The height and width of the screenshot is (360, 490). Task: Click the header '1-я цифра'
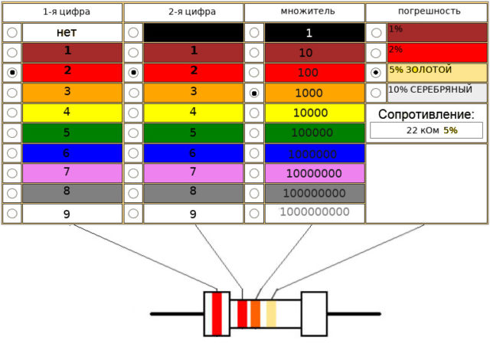tap(67, 12)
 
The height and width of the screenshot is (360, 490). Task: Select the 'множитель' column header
tap(308, 11)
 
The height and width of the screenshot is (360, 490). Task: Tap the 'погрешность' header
tap(429, 11)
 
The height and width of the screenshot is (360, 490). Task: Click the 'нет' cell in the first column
tap(72, 32)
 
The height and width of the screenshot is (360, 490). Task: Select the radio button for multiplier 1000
tap(254, 93)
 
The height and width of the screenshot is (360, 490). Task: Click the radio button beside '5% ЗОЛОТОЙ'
tap(375, 73)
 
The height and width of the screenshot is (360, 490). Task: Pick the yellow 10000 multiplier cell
tap(315, 113)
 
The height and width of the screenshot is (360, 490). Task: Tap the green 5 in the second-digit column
tap(194, 133)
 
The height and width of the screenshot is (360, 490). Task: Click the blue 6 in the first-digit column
tap(72, 153)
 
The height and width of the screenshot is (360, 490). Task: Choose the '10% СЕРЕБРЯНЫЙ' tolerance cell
tap(437, 93)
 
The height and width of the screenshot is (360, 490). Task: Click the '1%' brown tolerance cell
tap(437, 32)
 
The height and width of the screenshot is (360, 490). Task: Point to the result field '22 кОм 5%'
tap(426, 130)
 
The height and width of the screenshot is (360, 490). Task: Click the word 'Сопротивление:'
tap(426, 114)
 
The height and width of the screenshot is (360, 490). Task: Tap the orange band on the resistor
tap(255, 314)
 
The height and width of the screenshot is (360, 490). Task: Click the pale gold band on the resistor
tap(271, 314)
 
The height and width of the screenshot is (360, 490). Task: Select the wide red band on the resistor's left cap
tap(217, 314)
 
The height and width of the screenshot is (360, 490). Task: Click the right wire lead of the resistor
tap(354, 314)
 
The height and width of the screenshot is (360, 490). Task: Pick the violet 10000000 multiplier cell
tap(315, 173)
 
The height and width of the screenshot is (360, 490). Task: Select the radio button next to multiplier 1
tap(254, 32)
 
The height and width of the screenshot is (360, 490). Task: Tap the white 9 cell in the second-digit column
tap(194, 214)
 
